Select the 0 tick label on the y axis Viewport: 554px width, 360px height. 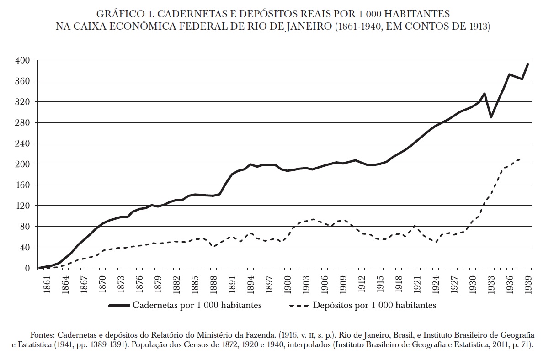point(27,268)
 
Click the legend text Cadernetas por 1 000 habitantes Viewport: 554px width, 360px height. point(197,305)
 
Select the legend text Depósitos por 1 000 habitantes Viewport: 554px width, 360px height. point(374,305)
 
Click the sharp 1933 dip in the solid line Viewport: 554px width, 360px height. point(491,117)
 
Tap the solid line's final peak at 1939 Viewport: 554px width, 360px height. point(528,64)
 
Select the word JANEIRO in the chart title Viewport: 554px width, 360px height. point(309,26)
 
